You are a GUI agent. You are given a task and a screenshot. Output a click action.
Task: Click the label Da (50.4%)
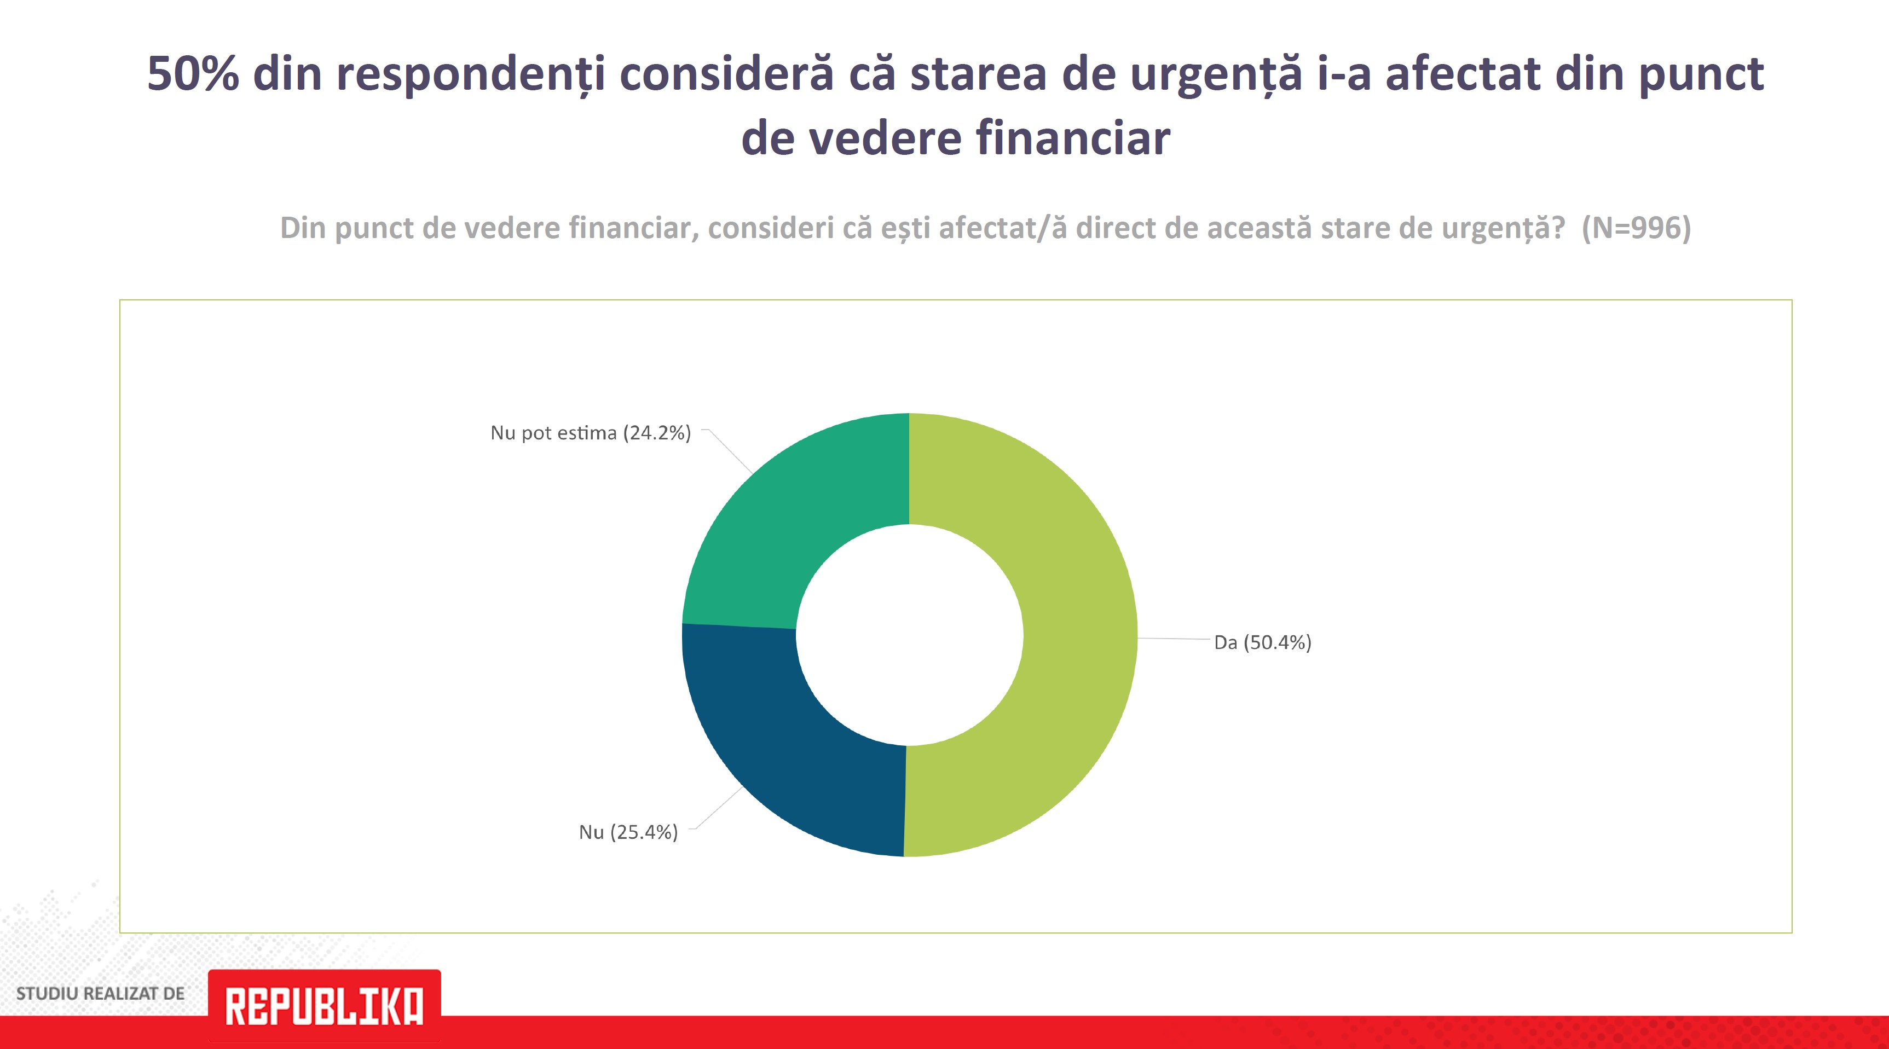click(x=1262, y=643)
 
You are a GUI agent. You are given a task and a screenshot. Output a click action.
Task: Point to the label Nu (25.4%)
click(x=628, y=832)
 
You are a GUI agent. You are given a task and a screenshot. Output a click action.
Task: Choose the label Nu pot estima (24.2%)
click(x=590, y=433)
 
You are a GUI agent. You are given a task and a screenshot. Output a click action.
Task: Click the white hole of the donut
click(x=909, y=635)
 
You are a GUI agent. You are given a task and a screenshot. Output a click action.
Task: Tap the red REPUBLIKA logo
click(x=324, y=1006)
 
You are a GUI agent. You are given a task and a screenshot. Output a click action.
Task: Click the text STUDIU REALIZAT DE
click(x=101, y=994)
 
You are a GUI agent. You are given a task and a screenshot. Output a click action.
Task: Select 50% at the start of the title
click(x=193, y=73)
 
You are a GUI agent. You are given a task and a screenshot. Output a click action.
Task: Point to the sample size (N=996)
click(x=1636, y=228)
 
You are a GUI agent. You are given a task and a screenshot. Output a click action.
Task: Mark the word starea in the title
click(x=978, y=73)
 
